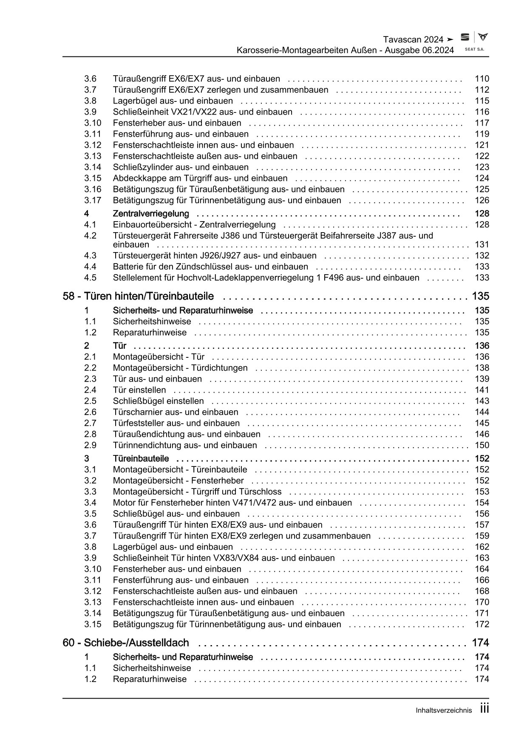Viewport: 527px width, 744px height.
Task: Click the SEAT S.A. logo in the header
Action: [x=474, y=42]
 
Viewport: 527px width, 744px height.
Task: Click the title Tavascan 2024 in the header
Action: [x=413, y=39]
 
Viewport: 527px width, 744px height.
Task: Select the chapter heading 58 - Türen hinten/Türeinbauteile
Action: [x=138, y=296]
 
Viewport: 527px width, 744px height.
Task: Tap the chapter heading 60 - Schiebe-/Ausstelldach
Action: [x=126, y=643]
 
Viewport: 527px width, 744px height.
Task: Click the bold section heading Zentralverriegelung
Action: [x=151, y=213]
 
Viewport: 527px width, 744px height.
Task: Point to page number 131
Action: [x=482, y=244]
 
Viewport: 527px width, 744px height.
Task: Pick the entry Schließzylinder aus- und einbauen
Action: [x=181, y=167]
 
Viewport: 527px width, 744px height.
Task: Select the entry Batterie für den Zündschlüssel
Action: [x=210, y=267]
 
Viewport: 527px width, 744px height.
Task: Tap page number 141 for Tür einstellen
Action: [x=482, y=390]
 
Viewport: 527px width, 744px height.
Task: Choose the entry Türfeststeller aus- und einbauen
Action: [x=176, y=423]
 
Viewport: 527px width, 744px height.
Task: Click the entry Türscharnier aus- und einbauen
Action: [x=176, y=412]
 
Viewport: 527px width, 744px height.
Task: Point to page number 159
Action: [x=482, y=536]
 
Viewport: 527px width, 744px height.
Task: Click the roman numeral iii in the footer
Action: [x=484, y=709]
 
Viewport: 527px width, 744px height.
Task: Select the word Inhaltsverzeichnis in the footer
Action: [x=444, y=710]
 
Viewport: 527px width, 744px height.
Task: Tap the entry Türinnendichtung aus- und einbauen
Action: [x=185, y=445]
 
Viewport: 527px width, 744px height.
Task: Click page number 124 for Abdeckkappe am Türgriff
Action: [x=482, y=178]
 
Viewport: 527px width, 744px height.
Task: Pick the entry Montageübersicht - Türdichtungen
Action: [x=180, y=368]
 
